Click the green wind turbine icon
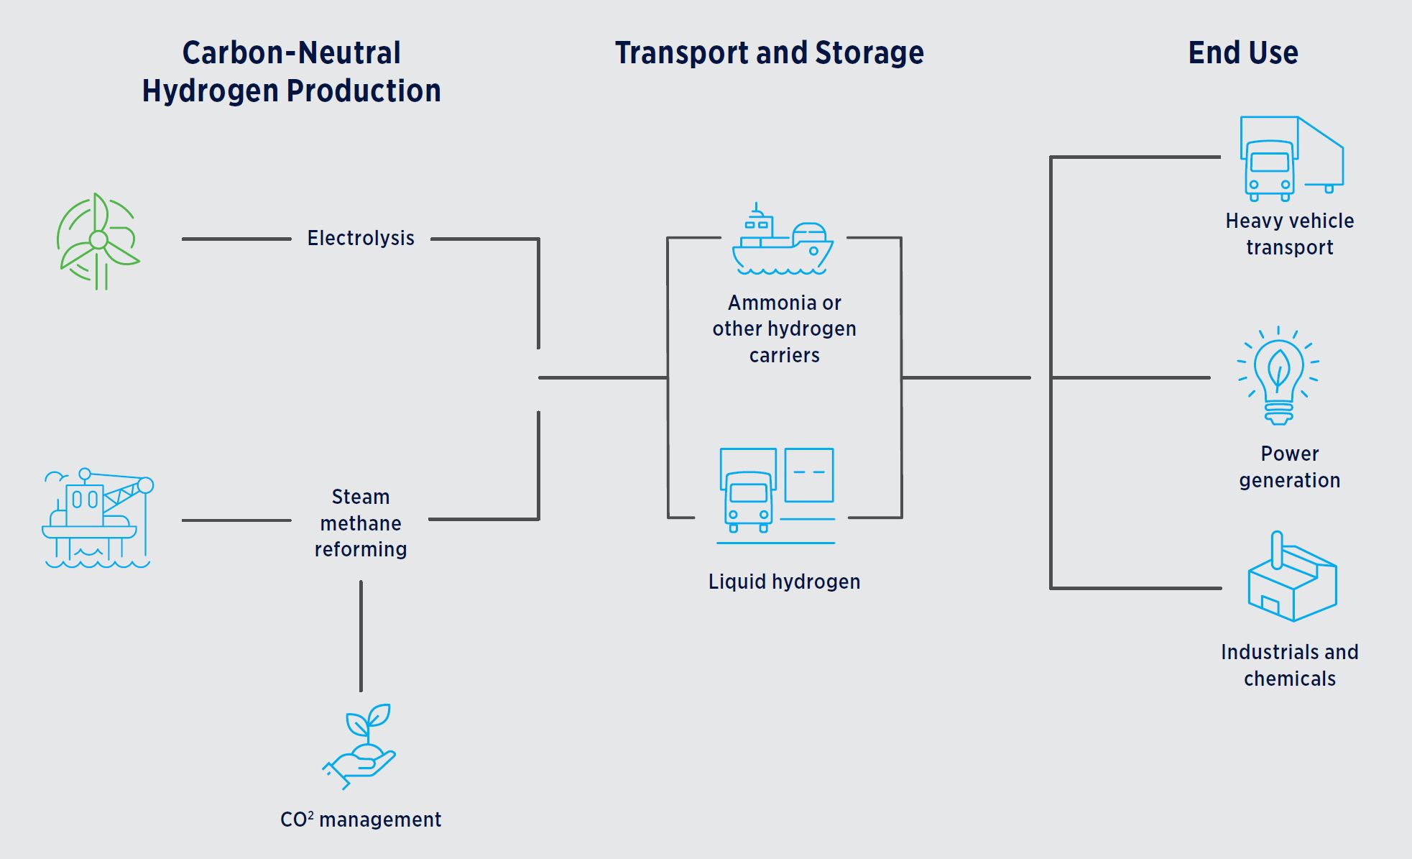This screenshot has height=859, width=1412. click(x=98, y=241)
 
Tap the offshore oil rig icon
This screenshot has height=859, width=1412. click(x=98, y=518)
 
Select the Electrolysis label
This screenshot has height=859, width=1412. click(x=361, y=238)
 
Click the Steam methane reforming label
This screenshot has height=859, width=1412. click(x=361, y=523)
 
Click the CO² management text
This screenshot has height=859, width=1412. click(x=361, y=819)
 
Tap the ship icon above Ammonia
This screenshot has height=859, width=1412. click(x=783, y=241)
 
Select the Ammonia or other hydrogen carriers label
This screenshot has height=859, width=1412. click(x=784, y=329)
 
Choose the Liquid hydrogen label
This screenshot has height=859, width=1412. click(x=784, y=582)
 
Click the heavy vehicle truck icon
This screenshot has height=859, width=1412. click(x=1291, y=158)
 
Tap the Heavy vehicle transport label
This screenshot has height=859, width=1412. click(x=1289, y=234)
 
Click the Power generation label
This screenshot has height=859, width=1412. click(x=1289, y=467)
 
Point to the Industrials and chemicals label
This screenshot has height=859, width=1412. click(x=1289, y=665)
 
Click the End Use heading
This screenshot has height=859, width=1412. click(x=1242, y=52)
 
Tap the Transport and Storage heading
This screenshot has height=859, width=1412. click(x=769, y=52)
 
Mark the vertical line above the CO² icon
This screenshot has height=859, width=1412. click(x=361, y=636)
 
